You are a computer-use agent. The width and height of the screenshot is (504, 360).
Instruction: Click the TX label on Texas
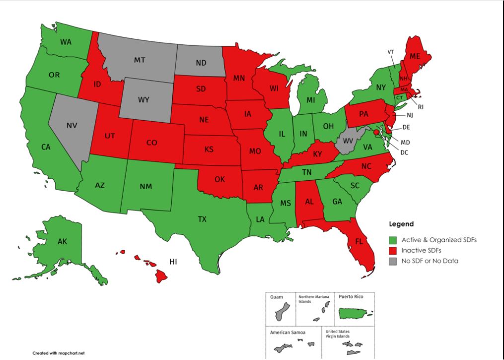[x=202, y=219]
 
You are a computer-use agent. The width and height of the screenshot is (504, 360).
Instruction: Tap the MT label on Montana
[x=140, y=60]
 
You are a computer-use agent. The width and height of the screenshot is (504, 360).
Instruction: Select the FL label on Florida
[x=358, y=243]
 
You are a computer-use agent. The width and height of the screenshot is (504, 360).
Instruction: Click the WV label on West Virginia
[x=348, y=142]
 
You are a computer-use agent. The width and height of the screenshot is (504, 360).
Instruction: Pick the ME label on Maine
[x=415, y=57]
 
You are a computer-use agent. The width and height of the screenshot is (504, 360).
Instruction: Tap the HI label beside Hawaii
[x=174, y=261]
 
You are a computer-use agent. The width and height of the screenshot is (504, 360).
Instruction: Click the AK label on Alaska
[x=62, y=242]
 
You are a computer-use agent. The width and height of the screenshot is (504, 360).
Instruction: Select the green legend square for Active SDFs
[x=392, y=240]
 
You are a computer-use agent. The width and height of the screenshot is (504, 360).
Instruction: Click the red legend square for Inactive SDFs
[x=392, y=251]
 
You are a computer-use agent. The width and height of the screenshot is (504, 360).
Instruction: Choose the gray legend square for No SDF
[x=392, y=261]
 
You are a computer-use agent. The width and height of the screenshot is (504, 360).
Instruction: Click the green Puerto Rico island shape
[x=354, y=313]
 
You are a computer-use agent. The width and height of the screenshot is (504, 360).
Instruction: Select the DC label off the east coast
[x=404, y=152]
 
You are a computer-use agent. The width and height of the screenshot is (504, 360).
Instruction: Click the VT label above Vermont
[x=391, y=52]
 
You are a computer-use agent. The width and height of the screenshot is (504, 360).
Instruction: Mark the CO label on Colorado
[x=151, y=143]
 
